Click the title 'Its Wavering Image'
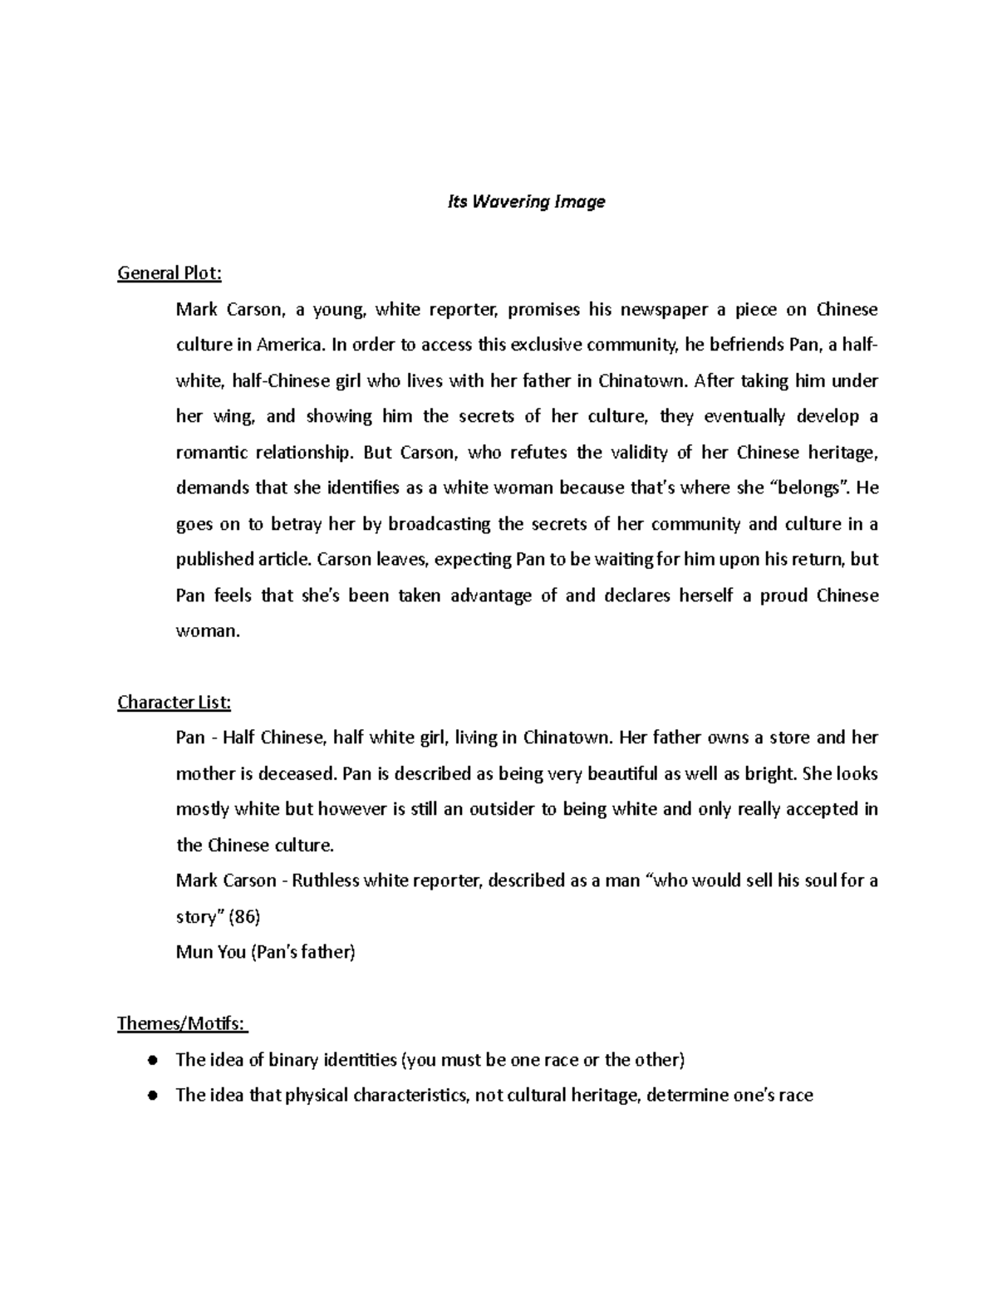click(x=526, y=202)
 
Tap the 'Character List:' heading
click(x=174, y=703)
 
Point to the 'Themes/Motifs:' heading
click(x=182, y=1023)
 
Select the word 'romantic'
click(x=211, y=453)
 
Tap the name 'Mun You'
click(x=210, y=953)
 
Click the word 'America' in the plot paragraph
click(x=291, y=346)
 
